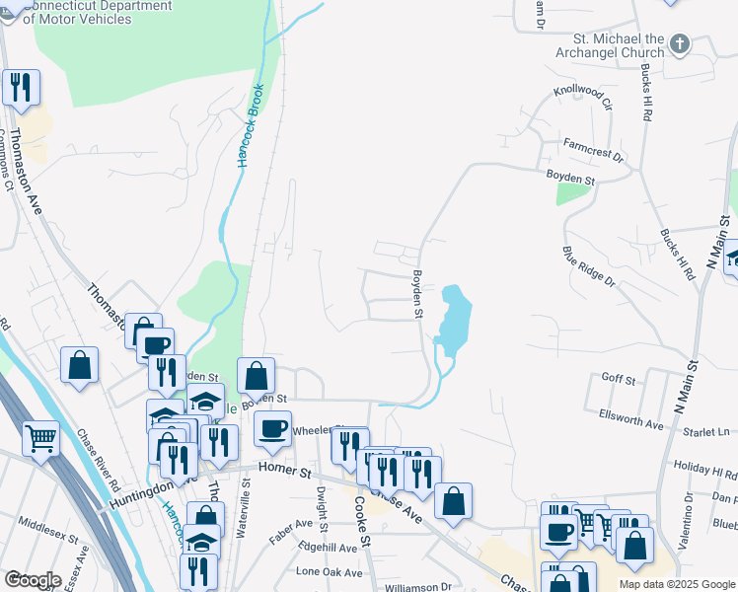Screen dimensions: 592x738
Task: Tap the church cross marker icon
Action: (x=679, y=43)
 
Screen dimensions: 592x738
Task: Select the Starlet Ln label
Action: (x=709, y=432)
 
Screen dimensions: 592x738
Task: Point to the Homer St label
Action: (x=284, y=472)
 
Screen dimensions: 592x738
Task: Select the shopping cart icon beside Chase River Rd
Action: (x=40, y=436)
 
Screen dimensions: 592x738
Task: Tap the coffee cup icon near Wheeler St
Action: (x=272, y=427)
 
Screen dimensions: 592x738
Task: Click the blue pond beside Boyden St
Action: (x=454, y=321)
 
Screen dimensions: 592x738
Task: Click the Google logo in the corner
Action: (x=34, y=580)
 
